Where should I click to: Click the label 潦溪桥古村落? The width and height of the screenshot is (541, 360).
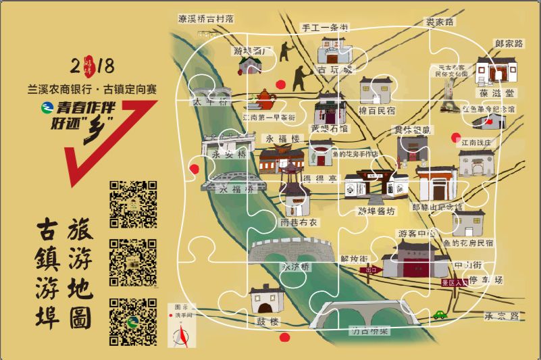click(205, 19)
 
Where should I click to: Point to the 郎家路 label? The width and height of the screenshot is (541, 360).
click(509, 43)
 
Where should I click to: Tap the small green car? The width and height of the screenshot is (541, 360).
click(440, 313)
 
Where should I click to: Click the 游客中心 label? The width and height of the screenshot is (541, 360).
click(416, 233)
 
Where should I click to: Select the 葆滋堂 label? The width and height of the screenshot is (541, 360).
click(497, 93)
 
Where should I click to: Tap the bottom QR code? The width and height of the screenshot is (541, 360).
click(133, 321)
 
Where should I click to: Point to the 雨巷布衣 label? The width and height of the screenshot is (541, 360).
click(299, 222)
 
